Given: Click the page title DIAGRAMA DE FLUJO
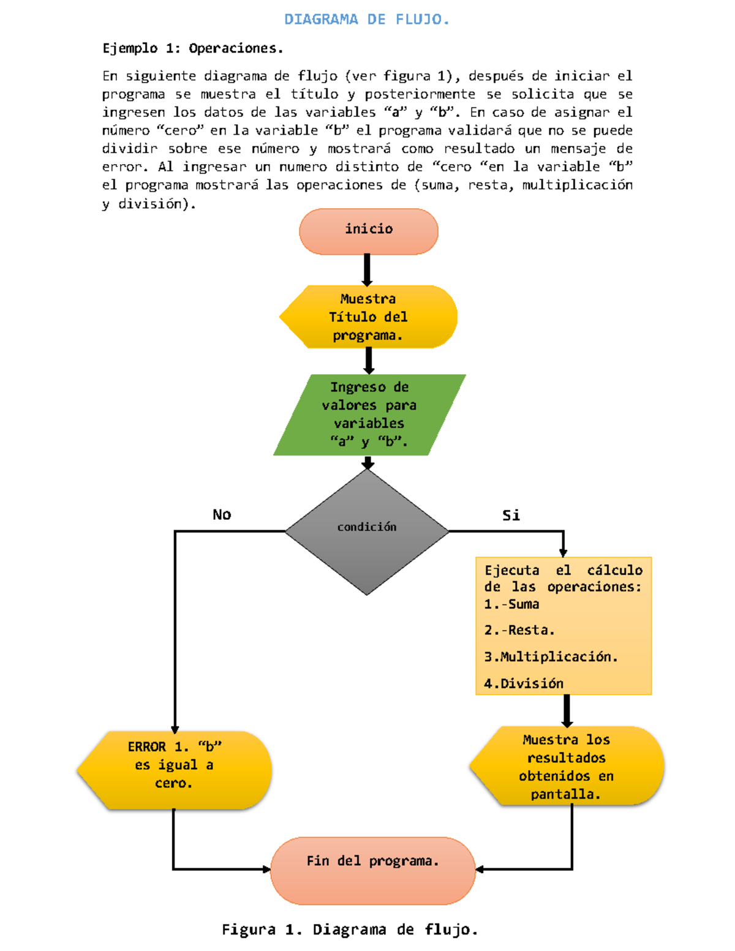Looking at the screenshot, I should (x=366, y=20).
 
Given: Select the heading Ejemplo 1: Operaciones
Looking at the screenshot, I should (x=192, y=48).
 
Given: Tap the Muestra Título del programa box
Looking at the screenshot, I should (x=368, y=317).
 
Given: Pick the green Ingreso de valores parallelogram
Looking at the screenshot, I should (x=369, y=415).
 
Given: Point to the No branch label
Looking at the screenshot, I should (x=222, y=514).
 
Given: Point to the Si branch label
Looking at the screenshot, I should (x=511, y=515).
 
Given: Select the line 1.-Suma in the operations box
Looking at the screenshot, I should (x=511, y=604).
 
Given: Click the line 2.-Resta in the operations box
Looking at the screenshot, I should (x=519, y=630).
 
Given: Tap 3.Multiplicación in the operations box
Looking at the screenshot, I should (x=551, y=657).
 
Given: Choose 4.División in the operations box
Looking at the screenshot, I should (x=524, y=683).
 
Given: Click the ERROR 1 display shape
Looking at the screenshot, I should (x=175, y=770).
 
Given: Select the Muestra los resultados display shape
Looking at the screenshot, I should (x=566, y=766).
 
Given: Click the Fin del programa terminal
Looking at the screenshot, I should (x=372, y=870).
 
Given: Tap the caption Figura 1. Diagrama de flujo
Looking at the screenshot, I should (x=350, y=930).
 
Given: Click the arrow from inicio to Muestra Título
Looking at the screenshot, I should (x=367, y=269).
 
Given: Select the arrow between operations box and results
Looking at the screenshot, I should (x=567, y=710).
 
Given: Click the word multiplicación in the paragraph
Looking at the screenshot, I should (x=577, y=185).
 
